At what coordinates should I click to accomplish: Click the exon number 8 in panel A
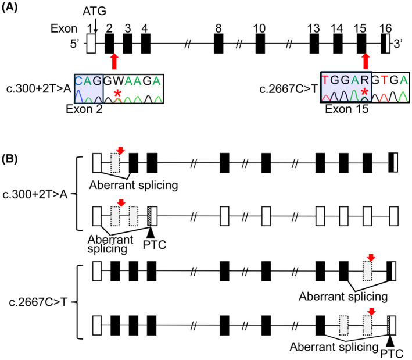pyautogui.click(x=218, y=28)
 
